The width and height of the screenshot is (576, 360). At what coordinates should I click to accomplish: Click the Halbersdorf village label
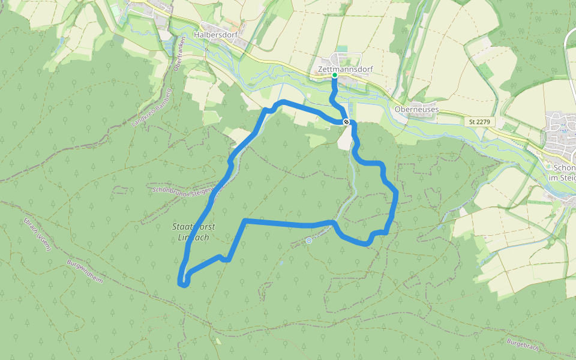[x=216, y=35]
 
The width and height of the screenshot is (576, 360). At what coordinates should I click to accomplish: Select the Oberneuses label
[x=417, y=110]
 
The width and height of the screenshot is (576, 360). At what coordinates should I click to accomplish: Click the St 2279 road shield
[x=479, y=122]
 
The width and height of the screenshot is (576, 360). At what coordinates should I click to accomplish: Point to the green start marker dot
[x=335, y=75]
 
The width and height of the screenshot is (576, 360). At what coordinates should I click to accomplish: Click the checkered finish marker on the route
[x=346, y=122]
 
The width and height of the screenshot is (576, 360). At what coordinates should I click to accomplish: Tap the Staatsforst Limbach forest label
[x=194, y=232]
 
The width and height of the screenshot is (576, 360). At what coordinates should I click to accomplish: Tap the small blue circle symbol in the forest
[x=308, y=241]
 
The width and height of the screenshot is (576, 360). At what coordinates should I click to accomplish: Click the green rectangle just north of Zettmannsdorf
[x=342, y=49]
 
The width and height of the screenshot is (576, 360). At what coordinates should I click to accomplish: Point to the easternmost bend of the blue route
[x=397, y=193]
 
